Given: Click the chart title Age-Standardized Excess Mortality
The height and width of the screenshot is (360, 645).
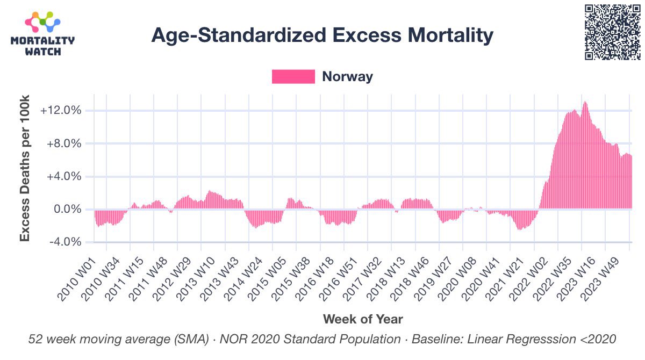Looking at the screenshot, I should [322, 35].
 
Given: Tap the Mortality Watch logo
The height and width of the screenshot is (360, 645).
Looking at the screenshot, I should [43, 33].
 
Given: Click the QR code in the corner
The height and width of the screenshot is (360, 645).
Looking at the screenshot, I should [612, 32].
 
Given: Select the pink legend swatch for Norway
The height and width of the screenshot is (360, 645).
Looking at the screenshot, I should [293, 76].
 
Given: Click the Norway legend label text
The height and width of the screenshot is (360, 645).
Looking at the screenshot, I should [347, 76].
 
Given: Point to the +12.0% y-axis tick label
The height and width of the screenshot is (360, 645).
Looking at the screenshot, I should [61, 111].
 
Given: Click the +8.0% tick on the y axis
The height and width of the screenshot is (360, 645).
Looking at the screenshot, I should [62, 143].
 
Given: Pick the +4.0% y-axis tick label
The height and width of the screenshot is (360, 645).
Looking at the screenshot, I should [62, 176].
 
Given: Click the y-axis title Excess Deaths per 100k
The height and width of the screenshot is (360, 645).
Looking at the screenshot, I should [25, 168].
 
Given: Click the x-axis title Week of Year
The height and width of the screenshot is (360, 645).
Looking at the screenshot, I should [362, 319].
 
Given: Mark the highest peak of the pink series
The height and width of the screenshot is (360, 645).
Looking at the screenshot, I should [584, 102].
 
